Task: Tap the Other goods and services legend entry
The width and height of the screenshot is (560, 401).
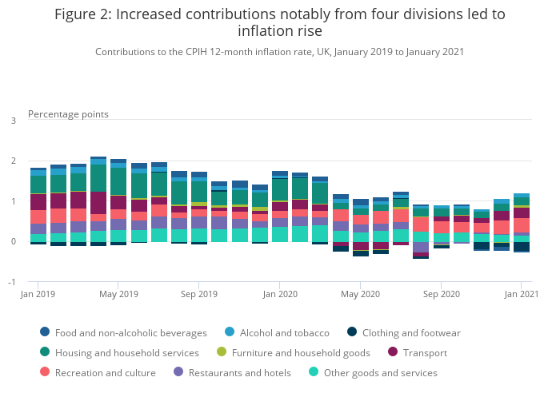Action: (381, 372)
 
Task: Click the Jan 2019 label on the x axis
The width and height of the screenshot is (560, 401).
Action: (38, 294)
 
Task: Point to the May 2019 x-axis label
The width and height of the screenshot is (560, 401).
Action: (118, 294)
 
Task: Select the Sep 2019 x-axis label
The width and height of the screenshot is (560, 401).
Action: (199, 294)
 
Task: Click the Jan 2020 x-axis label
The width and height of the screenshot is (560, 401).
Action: (280, 294)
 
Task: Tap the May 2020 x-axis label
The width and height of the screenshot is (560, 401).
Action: (360, 294)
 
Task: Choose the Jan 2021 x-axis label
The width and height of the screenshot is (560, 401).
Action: (521, 294)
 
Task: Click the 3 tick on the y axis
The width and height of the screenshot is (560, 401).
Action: (13, 121)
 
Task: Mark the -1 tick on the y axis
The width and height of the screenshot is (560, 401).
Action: (11, 282)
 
